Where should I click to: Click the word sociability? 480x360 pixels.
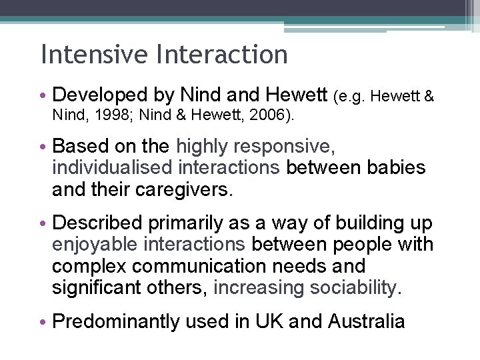click(x=344, y=288)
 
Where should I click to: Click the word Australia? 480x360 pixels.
click(x=367, y=322)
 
